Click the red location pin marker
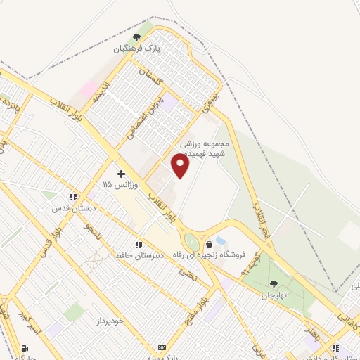pos(180,165)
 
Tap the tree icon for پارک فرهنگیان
pos(136,37)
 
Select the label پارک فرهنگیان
pos(139,50)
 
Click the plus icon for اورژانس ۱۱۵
pos(121,173)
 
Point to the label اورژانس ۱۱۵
pos(121,184)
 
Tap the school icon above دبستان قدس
pos(72,197)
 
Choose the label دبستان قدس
pos(72,208)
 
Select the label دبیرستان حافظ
pos(139,255)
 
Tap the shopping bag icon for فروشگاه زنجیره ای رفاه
pos(209,244)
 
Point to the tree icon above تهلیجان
pos(273,284)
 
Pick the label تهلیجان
pos(274,296)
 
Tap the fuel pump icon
pos(26,347)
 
